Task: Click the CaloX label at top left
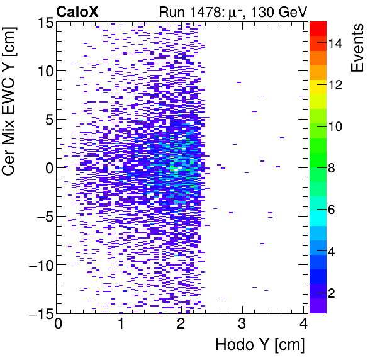(78, 11)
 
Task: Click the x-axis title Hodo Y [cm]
(260, 345)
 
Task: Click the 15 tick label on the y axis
(43, 22)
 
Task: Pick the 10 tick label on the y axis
(43, 70)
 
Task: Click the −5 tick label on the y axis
(42, 216)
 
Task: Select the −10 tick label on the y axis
(38, 264)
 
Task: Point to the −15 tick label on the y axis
(38, 313)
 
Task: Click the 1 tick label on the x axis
(120, 325)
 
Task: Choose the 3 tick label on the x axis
(242, 325)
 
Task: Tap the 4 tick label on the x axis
(303, 325)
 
